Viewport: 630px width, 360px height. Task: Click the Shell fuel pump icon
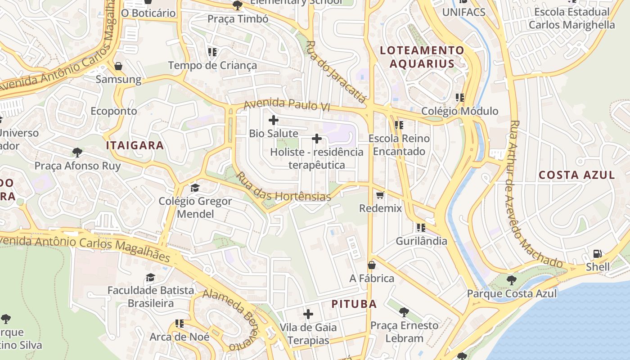click(598, 254)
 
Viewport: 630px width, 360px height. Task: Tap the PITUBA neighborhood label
click(354, 304)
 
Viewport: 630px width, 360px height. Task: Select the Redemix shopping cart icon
click(380, 195)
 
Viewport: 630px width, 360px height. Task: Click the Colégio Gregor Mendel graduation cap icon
click(195, 188)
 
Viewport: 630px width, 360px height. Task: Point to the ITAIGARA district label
click(135, 145)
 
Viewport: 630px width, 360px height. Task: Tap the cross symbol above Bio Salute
click(273, 120)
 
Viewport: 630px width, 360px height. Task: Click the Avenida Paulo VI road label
click(287, 105)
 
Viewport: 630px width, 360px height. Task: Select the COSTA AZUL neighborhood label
click(576, 175)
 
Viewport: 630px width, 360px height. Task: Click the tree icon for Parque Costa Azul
click(511, 280)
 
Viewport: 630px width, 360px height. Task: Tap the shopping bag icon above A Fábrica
click(372, 265)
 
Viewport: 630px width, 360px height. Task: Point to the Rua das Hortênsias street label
click(283, 188)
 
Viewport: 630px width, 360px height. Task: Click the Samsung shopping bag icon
click(118, 67)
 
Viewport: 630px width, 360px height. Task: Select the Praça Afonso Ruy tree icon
click(77, 153)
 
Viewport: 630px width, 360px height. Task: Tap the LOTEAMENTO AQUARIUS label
click(422, 57)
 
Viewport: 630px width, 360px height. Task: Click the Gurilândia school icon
click(421, 228)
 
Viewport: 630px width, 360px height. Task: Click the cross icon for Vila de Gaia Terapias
click(308, 314)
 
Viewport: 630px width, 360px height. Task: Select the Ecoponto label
click(114, 111)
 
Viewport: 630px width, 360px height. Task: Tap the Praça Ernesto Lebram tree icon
click(404, 312)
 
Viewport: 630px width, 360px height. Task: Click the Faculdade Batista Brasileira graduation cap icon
click(150, 277)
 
